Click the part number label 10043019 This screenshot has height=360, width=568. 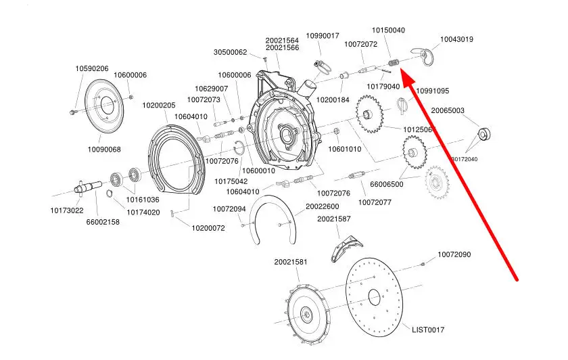(457, 39)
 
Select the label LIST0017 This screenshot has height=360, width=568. (429, 330)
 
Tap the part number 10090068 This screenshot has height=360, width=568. (104, 150)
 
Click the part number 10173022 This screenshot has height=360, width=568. (67, 210)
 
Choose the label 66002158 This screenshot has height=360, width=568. (103, 221)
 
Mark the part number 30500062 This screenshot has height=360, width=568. (231, 52)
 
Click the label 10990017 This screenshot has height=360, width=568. (323, 35)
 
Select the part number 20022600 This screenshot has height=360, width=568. (322, 206)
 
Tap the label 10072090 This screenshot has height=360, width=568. (454, 254)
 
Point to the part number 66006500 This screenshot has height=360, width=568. (387, 184)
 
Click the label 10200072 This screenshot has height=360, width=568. (208, 228)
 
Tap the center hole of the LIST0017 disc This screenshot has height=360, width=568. (374, 296)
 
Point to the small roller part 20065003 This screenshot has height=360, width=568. (484, 132)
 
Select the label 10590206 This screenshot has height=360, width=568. (92, 68)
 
